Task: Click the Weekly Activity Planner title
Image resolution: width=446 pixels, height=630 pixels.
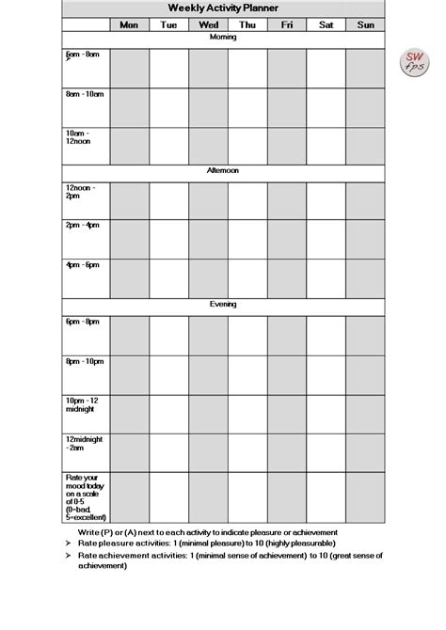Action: pyautogui.click(x=223, y=8)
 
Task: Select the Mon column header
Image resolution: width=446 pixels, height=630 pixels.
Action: pyautogui.click(x=129, y=25)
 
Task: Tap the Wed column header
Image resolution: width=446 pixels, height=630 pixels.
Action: pyautogui.click(x=208, y=25)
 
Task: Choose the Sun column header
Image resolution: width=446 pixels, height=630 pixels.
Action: pyautogui.click(x=365, y=25)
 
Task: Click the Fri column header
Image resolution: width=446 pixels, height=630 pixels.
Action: pyautogui.click(x=287, y=25)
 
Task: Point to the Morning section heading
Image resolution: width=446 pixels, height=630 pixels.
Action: pyautogui.click(x=223, y=38)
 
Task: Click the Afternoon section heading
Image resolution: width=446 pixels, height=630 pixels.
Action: pyautogui.click(x=223, y=171)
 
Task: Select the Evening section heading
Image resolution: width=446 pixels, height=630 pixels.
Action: pyautogui.click(x=223, y=305)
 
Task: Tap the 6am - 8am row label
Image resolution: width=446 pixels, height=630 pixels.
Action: pyautogui.click(x=82, y=55)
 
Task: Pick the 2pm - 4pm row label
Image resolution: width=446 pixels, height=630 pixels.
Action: pyautogui.click(x=83, y=226)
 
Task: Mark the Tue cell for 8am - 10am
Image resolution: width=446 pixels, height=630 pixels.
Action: pyautogui.click(x=168, y=106)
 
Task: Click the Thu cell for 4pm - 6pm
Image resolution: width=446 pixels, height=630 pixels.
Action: pyautogui.click(x=247, y=278)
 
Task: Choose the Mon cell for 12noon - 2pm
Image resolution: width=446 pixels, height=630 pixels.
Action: pyautogui.click(x=129, y=200)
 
